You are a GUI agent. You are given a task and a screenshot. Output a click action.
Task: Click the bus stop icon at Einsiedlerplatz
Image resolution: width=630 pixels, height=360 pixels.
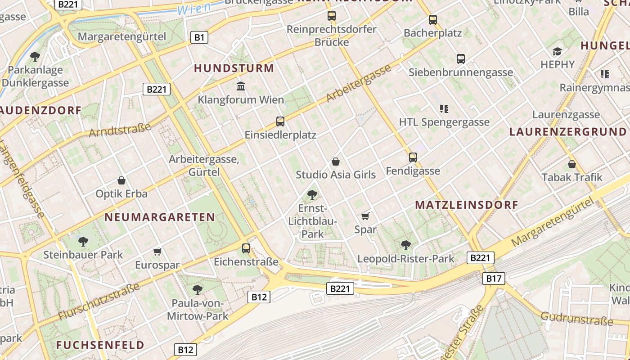(x=280, y=121)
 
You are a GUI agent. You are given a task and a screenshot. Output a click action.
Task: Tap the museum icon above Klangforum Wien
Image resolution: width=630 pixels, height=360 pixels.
(x=241, y=86)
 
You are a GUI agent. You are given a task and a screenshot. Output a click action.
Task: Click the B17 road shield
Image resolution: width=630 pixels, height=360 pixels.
(x=494, y=279)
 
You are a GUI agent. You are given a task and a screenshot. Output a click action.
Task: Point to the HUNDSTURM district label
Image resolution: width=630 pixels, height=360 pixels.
(x=234, y=68)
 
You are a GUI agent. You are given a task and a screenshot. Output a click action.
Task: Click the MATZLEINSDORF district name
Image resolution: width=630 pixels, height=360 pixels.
(x=467, y=205)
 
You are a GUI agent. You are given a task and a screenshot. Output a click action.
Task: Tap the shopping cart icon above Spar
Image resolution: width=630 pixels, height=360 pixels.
(x=365, y=216)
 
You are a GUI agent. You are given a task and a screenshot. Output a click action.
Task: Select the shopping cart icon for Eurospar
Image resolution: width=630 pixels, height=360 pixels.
(x=157, y=252)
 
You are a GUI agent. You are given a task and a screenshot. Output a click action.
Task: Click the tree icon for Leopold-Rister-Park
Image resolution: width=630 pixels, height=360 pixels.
(x=405, y=245)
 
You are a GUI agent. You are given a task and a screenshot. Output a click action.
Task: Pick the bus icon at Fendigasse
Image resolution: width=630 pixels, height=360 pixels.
(x=413, y=157)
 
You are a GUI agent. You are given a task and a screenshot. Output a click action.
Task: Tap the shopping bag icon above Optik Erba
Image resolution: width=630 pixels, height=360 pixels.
(x=121, y=180)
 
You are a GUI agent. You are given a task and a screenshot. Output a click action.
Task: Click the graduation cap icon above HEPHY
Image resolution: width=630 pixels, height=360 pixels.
(x=557, y=51)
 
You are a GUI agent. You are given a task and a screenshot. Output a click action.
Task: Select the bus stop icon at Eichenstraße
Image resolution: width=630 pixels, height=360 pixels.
(x=246, y=248)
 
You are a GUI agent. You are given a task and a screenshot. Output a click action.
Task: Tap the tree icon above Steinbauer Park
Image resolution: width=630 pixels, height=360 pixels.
(x=83, y=241)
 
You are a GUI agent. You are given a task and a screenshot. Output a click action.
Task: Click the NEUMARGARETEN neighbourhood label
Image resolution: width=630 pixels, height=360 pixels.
(x=160, y=217)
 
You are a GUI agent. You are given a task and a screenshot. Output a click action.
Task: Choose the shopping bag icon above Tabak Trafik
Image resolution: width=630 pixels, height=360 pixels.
(x=571, y=164)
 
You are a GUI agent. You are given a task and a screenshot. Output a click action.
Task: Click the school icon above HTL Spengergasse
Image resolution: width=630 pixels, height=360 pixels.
(x=444, y=108)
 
